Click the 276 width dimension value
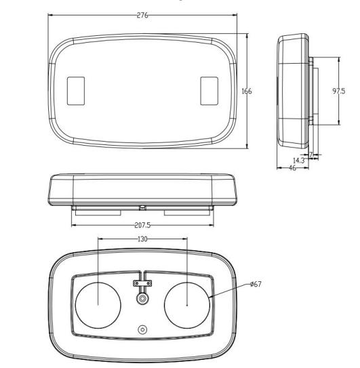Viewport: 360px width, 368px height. pyautogui.click(x=142, y=16)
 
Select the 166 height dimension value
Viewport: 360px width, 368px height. pyautogui.click(x=247, y=91)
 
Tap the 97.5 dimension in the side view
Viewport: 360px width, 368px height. pyautogui.click(x=338, y=91)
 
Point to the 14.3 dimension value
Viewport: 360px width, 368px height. pyautogui.click(x=299, y=161)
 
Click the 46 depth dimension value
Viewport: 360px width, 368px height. pyautogui.click(x=292, y=168)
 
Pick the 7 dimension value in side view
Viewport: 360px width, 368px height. pyautogui.click(x=311, y=155)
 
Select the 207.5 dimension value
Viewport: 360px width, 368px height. pyautogui.click(x=142, y=225)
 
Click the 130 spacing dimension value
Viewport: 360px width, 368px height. pyautogui.click(x=142, y=239)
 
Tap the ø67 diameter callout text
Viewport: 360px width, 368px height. pyautogui.click(x=256, y=284)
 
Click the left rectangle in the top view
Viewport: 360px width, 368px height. pyautogui.click(x=76, y=91)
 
